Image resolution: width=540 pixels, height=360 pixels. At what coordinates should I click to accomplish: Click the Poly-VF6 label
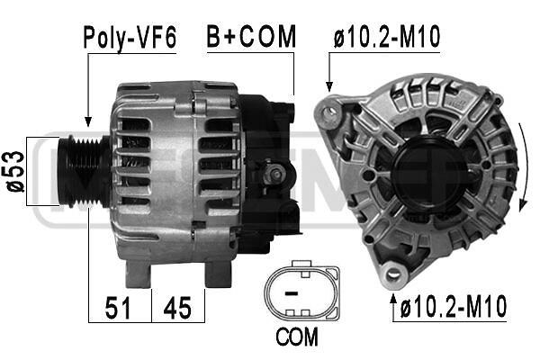tap(130, 38)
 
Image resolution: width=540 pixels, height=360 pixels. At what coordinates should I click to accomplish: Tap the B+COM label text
tap(251, 36)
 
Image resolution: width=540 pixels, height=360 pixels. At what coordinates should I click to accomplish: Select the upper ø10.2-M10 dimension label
tap(387, 36)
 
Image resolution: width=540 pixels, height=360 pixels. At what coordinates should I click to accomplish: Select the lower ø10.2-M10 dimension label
tap(454, 306)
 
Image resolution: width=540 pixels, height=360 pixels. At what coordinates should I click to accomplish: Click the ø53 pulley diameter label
tap(16, 171)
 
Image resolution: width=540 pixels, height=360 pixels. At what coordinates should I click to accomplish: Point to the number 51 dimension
tap(118, 308)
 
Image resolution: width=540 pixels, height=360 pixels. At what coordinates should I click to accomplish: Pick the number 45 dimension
tap(177, 308)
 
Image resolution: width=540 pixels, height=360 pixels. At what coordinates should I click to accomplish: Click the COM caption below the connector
tap(297, 337)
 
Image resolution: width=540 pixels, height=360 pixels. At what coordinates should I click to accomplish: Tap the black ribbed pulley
tap(84, 172)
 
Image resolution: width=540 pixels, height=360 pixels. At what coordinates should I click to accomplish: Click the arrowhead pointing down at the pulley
tap(88, 121)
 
